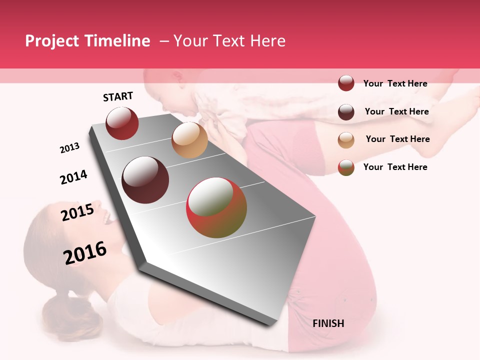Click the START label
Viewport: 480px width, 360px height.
118,96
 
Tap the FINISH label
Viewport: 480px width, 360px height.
328,323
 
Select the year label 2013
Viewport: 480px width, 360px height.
69,147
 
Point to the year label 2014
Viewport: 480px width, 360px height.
73,177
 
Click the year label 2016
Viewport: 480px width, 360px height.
85,252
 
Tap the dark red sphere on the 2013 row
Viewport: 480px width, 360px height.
122,123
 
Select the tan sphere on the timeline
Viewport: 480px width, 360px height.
189,140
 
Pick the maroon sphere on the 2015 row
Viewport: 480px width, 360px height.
145,180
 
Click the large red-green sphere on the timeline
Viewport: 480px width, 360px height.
216,207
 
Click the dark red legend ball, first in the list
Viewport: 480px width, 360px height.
346,83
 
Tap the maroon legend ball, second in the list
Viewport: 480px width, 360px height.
346,112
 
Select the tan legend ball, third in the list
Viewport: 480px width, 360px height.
346,140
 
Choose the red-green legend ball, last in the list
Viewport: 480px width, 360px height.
346,167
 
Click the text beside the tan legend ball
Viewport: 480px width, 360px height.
397,139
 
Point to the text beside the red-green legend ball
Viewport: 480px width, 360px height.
395,167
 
